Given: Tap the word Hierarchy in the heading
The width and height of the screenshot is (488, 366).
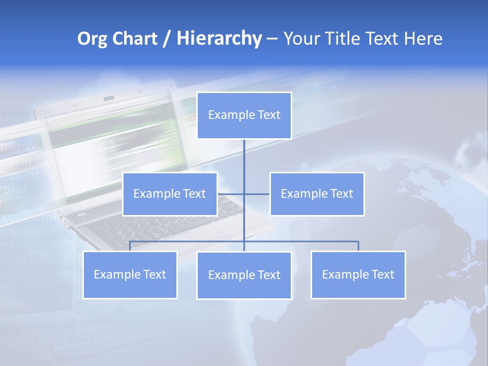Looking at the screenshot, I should (x=219, y=39).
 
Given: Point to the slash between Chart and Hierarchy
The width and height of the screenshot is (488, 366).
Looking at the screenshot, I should (x=166, y=39).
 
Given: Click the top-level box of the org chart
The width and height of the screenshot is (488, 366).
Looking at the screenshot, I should (x=244, y=115).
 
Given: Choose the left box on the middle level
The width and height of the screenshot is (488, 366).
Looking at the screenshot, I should (x=170, y=194).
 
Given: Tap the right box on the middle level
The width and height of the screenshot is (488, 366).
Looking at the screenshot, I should (x=317, y=194).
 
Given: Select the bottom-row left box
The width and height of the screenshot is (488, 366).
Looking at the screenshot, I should (x=130, y=275).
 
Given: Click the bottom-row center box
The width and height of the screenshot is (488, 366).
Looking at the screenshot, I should (x=244, y=276).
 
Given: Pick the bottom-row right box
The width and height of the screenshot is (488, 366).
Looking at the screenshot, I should (x=358, y=275).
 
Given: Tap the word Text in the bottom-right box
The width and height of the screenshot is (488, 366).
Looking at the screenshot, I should (x=383, y=274).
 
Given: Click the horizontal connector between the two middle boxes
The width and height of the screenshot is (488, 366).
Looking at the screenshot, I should (x=244, y=194).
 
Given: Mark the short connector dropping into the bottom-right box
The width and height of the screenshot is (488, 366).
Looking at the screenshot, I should (x=358, y=246).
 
